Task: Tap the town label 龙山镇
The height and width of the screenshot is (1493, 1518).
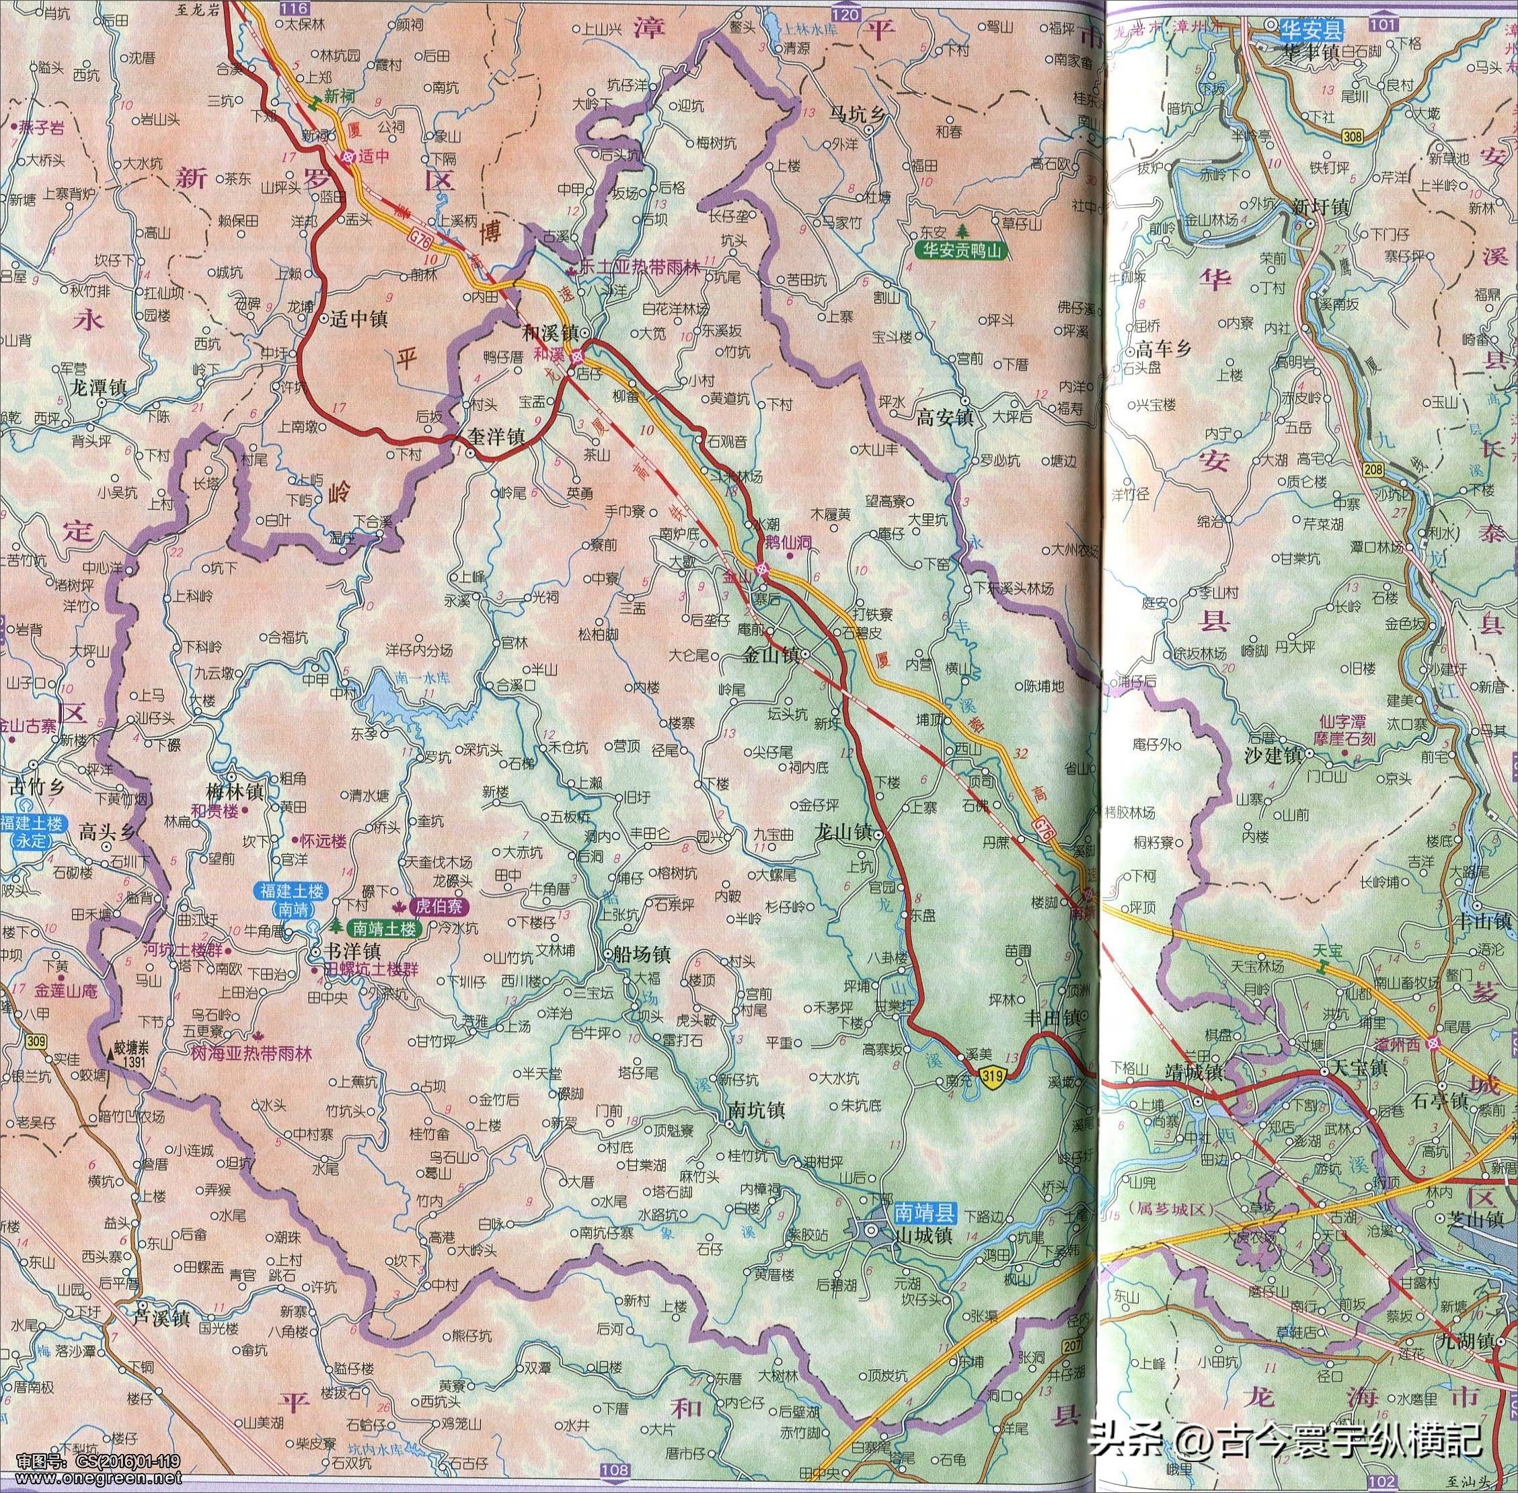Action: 843,831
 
